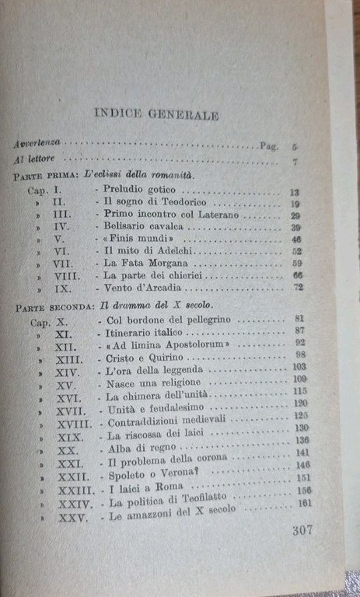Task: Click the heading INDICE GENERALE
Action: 156,113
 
